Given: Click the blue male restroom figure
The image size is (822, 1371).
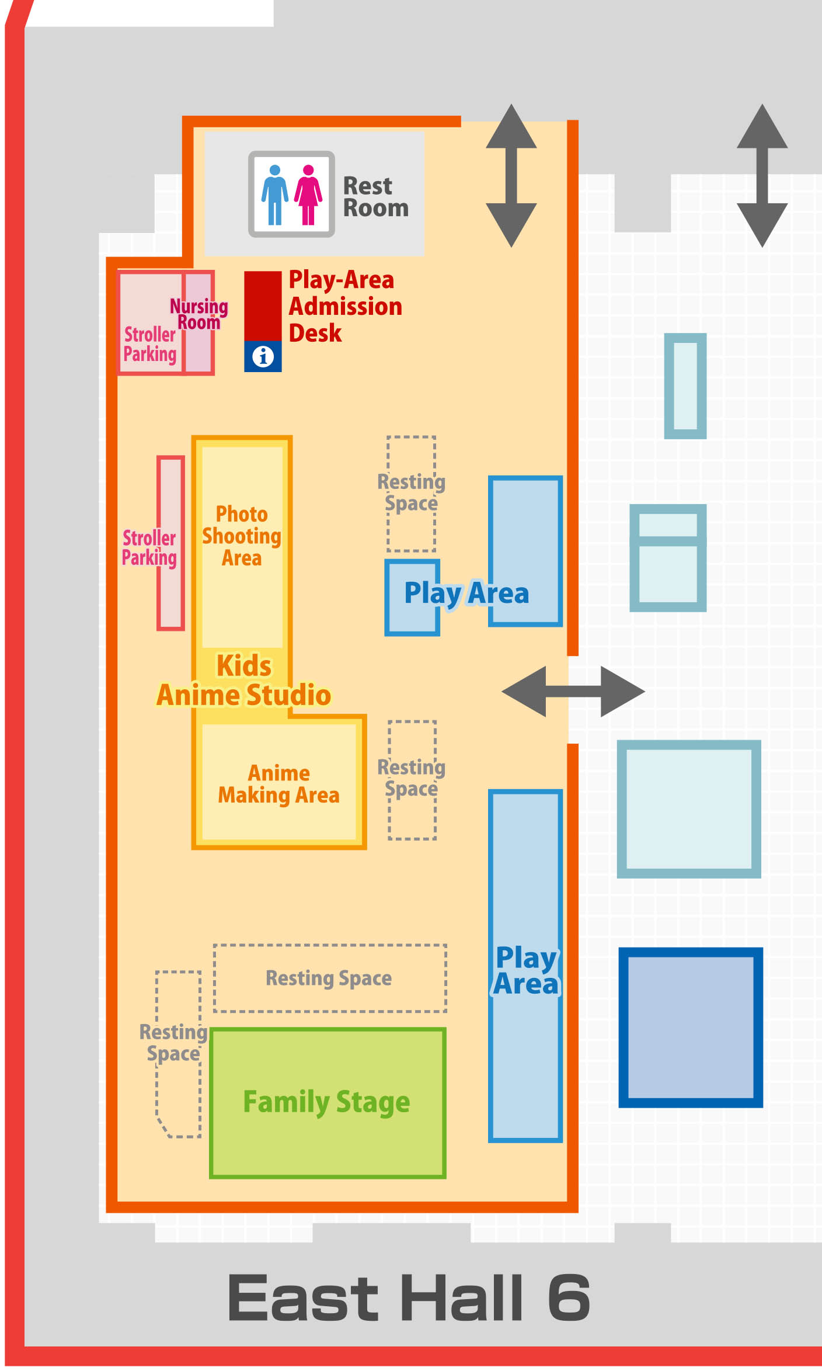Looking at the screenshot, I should tap(274, 195).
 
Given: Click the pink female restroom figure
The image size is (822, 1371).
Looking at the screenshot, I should tap(308, 195).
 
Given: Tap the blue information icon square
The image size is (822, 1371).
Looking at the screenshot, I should tap(263, 356).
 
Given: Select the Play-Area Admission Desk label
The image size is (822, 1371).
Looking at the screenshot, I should tap(345, 306).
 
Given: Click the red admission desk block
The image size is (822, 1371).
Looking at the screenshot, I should tap(263, 306).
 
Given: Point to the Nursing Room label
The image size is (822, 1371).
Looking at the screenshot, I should tap(198, 314).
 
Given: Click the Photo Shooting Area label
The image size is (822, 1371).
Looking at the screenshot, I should tap(242, 536).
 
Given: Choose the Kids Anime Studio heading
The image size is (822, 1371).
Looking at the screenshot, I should tap(244, 681).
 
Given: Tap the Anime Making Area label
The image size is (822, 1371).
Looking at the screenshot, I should tap(278, 784).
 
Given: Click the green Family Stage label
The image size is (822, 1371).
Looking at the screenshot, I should tap(327, 1102).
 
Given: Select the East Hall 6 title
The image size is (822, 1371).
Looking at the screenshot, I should tap(409, 1297).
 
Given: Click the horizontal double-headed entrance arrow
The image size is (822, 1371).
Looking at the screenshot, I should tap(573, 691).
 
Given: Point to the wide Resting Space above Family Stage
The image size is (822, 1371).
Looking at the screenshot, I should tap(329, 978).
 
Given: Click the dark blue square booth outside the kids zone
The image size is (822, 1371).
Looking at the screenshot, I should tap(691, 1027).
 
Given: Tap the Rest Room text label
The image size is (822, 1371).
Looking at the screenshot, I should tap(375, 197).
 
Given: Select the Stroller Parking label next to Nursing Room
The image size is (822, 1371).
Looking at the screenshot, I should tap(149, 344).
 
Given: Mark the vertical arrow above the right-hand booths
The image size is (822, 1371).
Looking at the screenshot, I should tap(762, 175).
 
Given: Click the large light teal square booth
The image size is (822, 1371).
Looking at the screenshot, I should tap(689, 808).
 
